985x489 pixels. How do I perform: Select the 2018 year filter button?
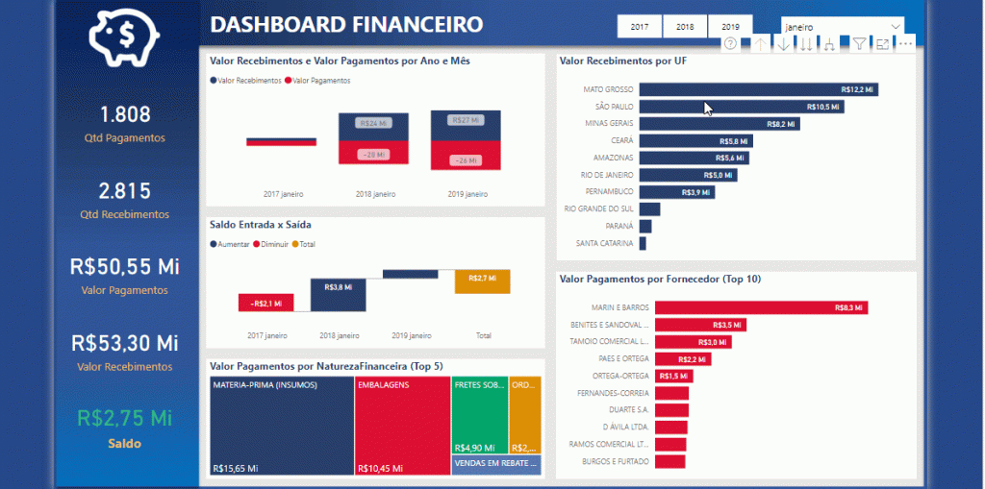coord(685,27)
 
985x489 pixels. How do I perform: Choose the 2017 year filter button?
coord(639,27)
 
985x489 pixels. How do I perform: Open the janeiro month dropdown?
coord(843,27)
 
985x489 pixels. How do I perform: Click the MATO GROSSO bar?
coord(758,89)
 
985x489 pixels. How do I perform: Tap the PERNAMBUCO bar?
coord(676,192)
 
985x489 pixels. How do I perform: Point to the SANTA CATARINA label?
coord(604,244)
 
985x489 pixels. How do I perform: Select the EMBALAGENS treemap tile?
coord(402,426)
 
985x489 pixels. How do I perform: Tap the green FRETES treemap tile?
coord(479,413)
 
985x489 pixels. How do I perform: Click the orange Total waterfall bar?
coord(482,281)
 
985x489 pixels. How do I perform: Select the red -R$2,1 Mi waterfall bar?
coord(265,303)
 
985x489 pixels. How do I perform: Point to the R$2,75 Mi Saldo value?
coord(125,419)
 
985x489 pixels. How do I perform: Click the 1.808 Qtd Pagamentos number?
coord(125,114)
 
